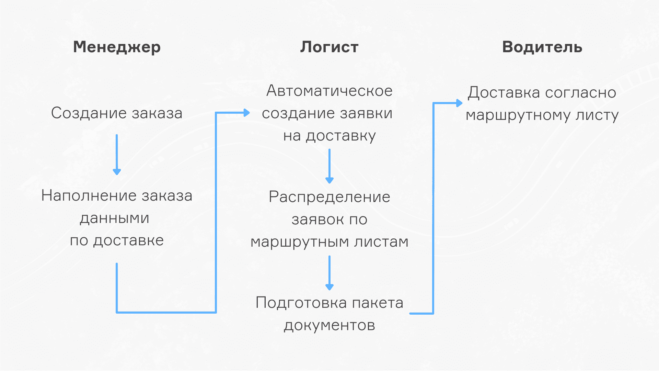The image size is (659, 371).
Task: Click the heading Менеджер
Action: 117,47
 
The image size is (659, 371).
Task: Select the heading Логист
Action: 329,47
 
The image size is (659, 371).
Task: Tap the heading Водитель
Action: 542,47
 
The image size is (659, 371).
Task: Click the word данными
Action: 115,218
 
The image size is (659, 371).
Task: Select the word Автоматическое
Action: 329,91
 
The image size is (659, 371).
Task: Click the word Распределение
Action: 329,197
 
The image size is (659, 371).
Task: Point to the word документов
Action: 329,325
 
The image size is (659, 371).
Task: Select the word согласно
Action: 580,93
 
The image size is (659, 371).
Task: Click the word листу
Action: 597,115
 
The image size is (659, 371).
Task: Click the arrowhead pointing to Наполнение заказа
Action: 117,171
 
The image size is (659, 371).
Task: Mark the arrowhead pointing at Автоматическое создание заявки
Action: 246,113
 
